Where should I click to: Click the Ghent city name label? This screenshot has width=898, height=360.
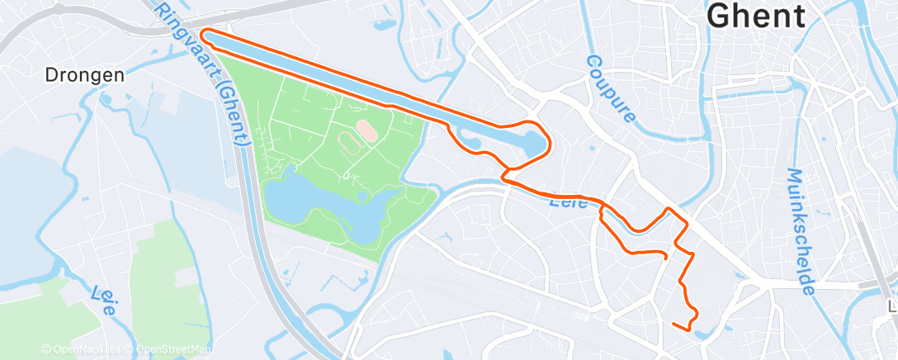tap(756, 16)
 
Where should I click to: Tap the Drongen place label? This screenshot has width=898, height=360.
tap(84, 75)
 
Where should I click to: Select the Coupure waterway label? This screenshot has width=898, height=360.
tap(612, 89)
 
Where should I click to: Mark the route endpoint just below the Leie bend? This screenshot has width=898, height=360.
tap(665, 257)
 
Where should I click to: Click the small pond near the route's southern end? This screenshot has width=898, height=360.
tap(703, 334)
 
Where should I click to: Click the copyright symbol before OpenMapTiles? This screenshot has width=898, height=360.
tap(45, 349)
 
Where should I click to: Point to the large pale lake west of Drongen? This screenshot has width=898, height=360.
tap(25, 206)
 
